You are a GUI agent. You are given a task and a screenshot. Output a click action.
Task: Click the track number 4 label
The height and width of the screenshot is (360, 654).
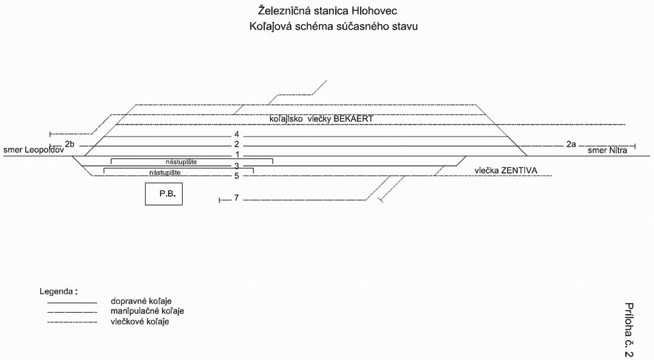[236, 135]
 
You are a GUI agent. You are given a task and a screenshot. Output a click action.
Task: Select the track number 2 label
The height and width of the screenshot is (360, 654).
[236, 145]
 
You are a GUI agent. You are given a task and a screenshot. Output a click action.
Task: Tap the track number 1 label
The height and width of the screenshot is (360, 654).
[236, 155]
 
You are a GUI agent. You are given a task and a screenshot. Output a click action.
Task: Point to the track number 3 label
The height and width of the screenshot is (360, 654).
[236, 166]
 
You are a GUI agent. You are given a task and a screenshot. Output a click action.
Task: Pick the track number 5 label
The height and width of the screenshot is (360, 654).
[236, 176]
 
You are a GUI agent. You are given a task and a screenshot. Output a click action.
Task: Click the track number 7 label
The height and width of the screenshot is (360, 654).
[236, 197]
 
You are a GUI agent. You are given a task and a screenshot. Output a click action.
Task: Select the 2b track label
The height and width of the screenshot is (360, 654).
[70, 144]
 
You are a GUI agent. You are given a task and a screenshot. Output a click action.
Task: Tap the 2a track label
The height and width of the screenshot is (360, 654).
[571, 144]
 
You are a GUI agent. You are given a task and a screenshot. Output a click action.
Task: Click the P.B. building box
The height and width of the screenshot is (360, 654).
[163, 194]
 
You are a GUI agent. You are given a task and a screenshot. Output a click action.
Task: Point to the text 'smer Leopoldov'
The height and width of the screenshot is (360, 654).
[34, 150]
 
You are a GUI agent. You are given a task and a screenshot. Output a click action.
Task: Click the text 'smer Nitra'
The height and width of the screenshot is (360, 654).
[607, 151]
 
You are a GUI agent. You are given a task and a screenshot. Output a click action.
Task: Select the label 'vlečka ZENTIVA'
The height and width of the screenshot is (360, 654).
[506, 170]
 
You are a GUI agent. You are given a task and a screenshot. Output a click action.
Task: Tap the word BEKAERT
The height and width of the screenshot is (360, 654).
[353, 119]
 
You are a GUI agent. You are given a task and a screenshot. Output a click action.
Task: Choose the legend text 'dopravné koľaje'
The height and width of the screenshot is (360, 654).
[141, 301]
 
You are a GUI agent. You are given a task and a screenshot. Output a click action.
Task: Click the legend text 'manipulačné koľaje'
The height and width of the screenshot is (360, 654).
[148, 311]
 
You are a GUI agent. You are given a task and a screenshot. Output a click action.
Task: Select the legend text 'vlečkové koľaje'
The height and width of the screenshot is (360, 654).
[140, 321]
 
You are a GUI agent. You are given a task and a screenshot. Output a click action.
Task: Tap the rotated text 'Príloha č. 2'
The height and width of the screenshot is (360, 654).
[628, 330]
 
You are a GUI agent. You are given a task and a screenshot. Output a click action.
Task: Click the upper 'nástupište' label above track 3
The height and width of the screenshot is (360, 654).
[181, 161]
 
